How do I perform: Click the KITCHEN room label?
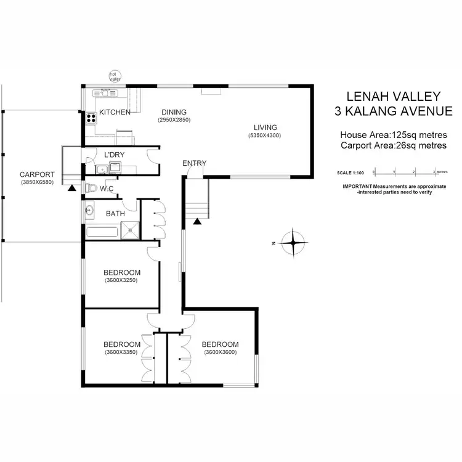point(115,112)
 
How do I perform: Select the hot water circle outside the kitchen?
point(114,75)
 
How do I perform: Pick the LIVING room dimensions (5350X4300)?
point(265,135)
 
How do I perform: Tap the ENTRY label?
point(194,163)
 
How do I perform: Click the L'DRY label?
point(115,154)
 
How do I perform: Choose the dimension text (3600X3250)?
point(120,280)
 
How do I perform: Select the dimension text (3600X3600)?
point(220,352)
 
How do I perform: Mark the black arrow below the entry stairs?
point(197,221)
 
